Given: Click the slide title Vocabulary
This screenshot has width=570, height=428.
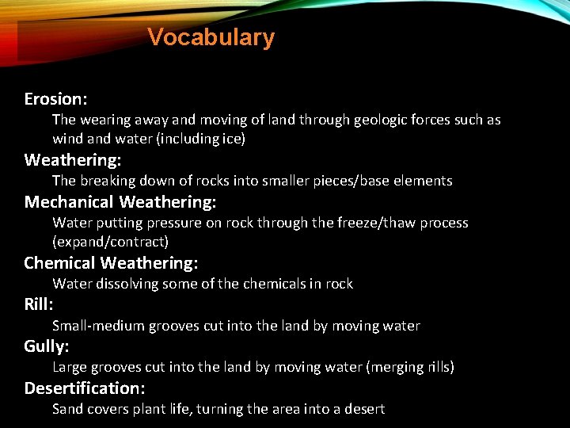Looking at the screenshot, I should point(211,37).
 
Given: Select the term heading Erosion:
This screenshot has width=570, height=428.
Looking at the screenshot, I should point(55,99).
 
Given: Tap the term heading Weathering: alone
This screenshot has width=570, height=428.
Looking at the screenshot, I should point(72,160).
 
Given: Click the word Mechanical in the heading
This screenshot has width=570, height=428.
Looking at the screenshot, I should point(69,202).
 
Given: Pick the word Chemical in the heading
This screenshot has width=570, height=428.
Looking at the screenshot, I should point(59,263).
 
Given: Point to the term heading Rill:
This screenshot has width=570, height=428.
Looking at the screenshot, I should point(39,304).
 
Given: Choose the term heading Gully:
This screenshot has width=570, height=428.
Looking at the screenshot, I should point(47,346).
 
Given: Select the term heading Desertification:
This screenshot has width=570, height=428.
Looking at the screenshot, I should point(85,388).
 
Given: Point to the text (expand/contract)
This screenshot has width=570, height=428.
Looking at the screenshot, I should point(110,241).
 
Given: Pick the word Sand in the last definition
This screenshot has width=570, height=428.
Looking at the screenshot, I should point(67,409).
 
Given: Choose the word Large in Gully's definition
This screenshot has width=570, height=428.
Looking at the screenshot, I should point(69,367).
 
